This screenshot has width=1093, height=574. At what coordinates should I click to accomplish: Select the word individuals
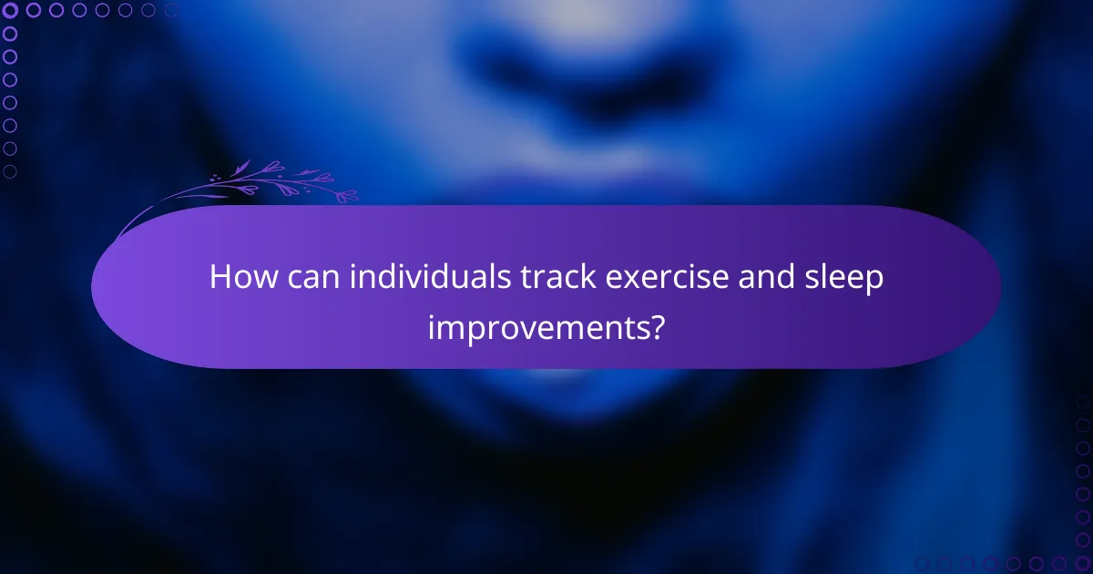[422, 278]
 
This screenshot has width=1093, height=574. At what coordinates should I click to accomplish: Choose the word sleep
[848, 278]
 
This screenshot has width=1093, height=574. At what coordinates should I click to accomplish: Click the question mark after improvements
[656, 325]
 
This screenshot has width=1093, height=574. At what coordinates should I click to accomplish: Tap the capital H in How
[220, 278]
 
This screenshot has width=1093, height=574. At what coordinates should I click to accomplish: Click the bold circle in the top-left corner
[11, 11]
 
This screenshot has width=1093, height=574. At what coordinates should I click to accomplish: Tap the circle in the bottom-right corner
[1082, 563]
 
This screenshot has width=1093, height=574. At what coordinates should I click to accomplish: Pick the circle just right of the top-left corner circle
[34, 11]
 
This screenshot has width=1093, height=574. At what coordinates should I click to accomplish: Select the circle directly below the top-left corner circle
[11, 34]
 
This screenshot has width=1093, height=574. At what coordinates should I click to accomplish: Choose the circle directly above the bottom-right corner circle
[1082, 540]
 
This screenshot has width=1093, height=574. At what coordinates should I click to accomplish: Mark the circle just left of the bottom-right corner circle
[1059, 563]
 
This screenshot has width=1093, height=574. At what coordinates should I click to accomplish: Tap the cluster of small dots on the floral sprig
[218, 179]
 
